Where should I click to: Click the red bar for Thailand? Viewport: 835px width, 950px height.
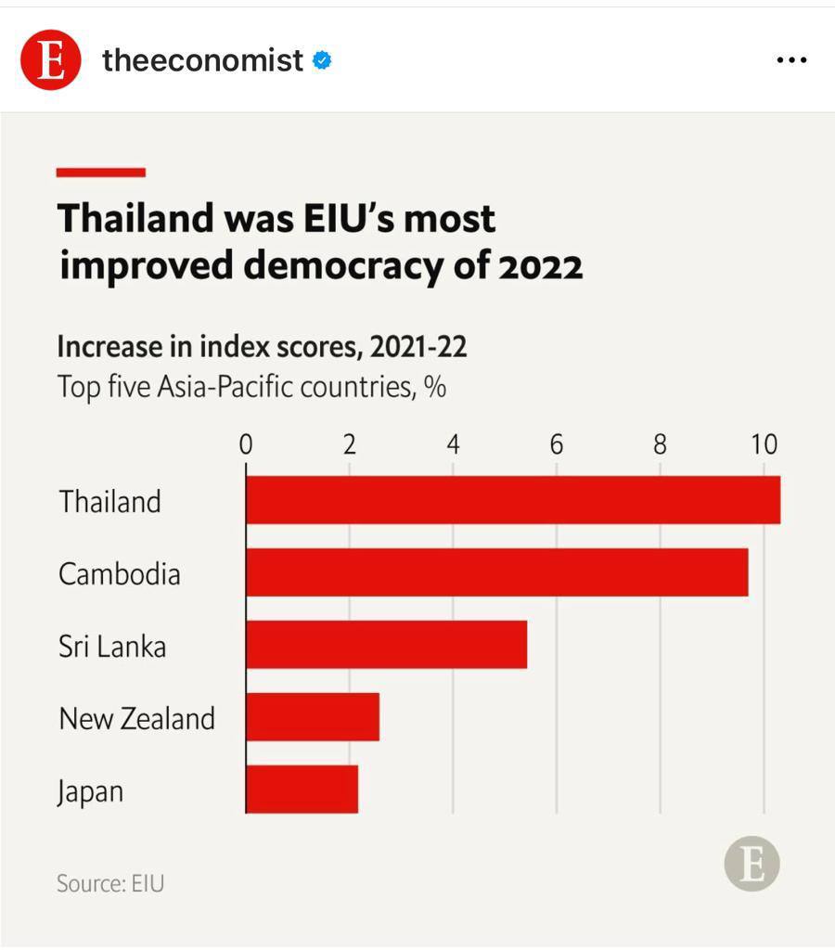(x=513, y=500)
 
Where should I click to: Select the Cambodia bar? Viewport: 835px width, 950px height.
(x=497, y=572)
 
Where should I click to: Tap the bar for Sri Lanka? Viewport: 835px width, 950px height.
(x=387, y=645)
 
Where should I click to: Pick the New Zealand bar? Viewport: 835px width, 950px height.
(x=313, y=717)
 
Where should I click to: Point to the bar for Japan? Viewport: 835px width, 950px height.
(x=302, y=790)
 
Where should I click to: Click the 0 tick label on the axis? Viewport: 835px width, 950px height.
(x=246, y=444)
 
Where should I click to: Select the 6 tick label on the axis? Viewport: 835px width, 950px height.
(x=557, y=444)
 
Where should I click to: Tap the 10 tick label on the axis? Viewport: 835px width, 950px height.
(x=764, y=444)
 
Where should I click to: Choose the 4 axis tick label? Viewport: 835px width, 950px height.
(x=453, y=444)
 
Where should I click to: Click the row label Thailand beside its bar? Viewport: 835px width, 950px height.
(x=110, y=501)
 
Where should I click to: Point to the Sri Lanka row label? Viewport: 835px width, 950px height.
(x=112, y=646)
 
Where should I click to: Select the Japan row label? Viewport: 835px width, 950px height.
(x=90, y=792)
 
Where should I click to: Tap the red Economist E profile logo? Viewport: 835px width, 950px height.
(x=51, y=60)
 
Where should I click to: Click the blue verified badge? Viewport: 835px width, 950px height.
(x=323, y=61)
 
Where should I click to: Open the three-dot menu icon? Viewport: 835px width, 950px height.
(x=791, y=60)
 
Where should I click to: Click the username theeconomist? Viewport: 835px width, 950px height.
(x=202, y=60)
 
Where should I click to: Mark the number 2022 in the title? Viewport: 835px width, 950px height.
(x=541, y=266)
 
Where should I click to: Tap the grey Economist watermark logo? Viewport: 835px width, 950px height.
(x=751, y=865)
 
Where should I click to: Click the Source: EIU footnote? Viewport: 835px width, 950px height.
(x=110, y=882)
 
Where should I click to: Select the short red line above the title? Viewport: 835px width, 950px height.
(x=101, y=172)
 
